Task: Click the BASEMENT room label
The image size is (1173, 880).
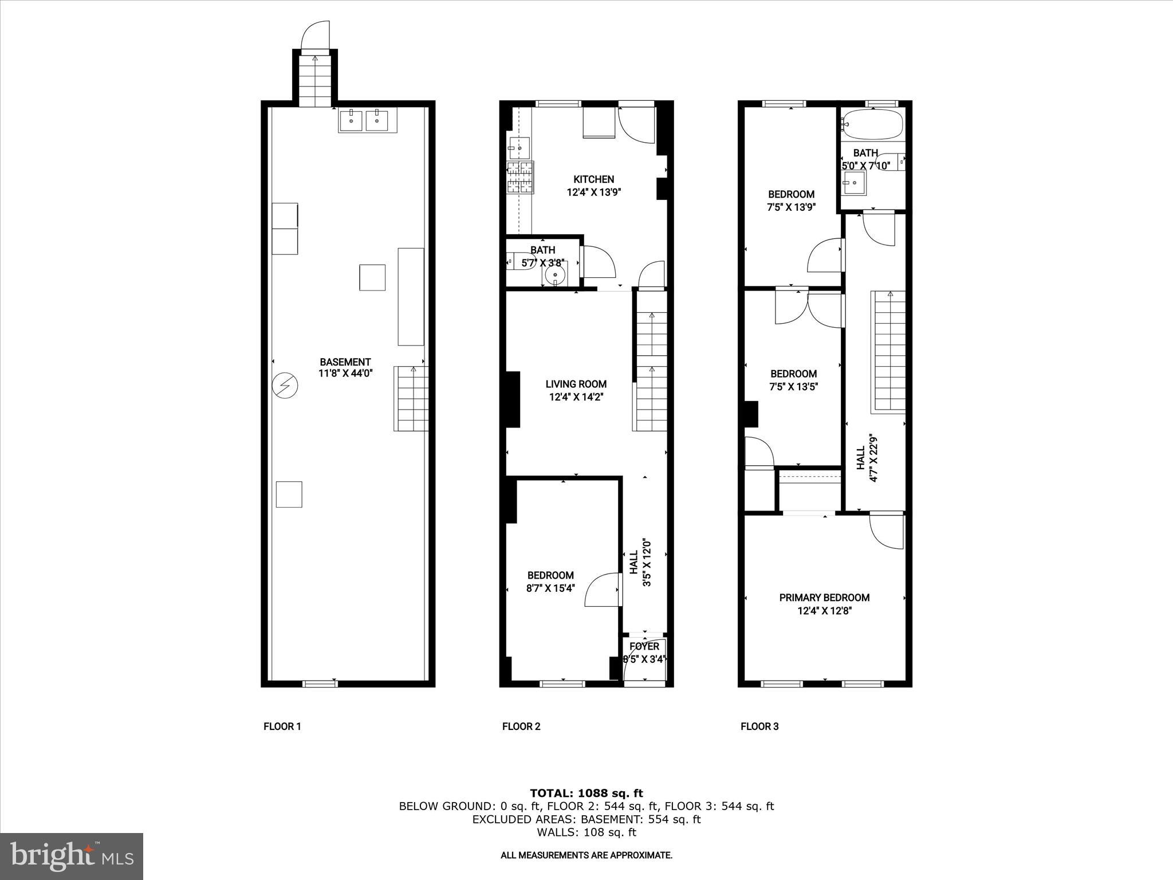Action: [345, 362]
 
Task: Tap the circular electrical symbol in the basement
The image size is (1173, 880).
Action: [285, 386]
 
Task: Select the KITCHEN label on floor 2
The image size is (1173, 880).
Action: [594, 180]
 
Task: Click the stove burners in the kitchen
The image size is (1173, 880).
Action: [520, 177]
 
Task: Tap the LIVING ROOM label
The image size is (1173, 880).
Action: [576, 384]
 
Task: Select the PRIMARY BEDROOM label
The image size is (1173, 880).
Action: [824, 598]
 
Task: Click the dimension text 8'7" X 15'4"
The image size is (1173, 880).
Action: [550, 588]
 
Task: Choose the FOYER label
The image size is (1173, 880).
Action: [644, 647]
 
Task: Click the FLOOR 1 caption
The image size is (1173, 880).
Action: [282, 727]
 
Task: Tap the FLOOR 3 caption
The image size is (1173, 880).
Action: [759, 727]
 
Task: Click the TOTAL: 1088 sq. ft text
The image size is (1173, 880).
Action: [586, 793]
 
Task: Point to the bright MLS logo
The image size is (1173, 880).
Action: [72, 856]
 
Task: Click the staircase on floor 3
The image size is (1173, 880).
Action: [888, 351]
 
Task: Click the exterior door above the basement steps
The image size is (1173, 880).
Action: [316, 36]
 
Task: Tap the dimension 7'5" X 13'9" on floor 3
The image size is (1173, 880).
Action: [791, 207]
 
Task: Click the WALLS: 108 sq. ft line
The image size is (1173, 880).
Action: [586, 832]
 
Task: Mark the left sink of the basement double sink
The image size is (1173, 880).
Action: [351, 121]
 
